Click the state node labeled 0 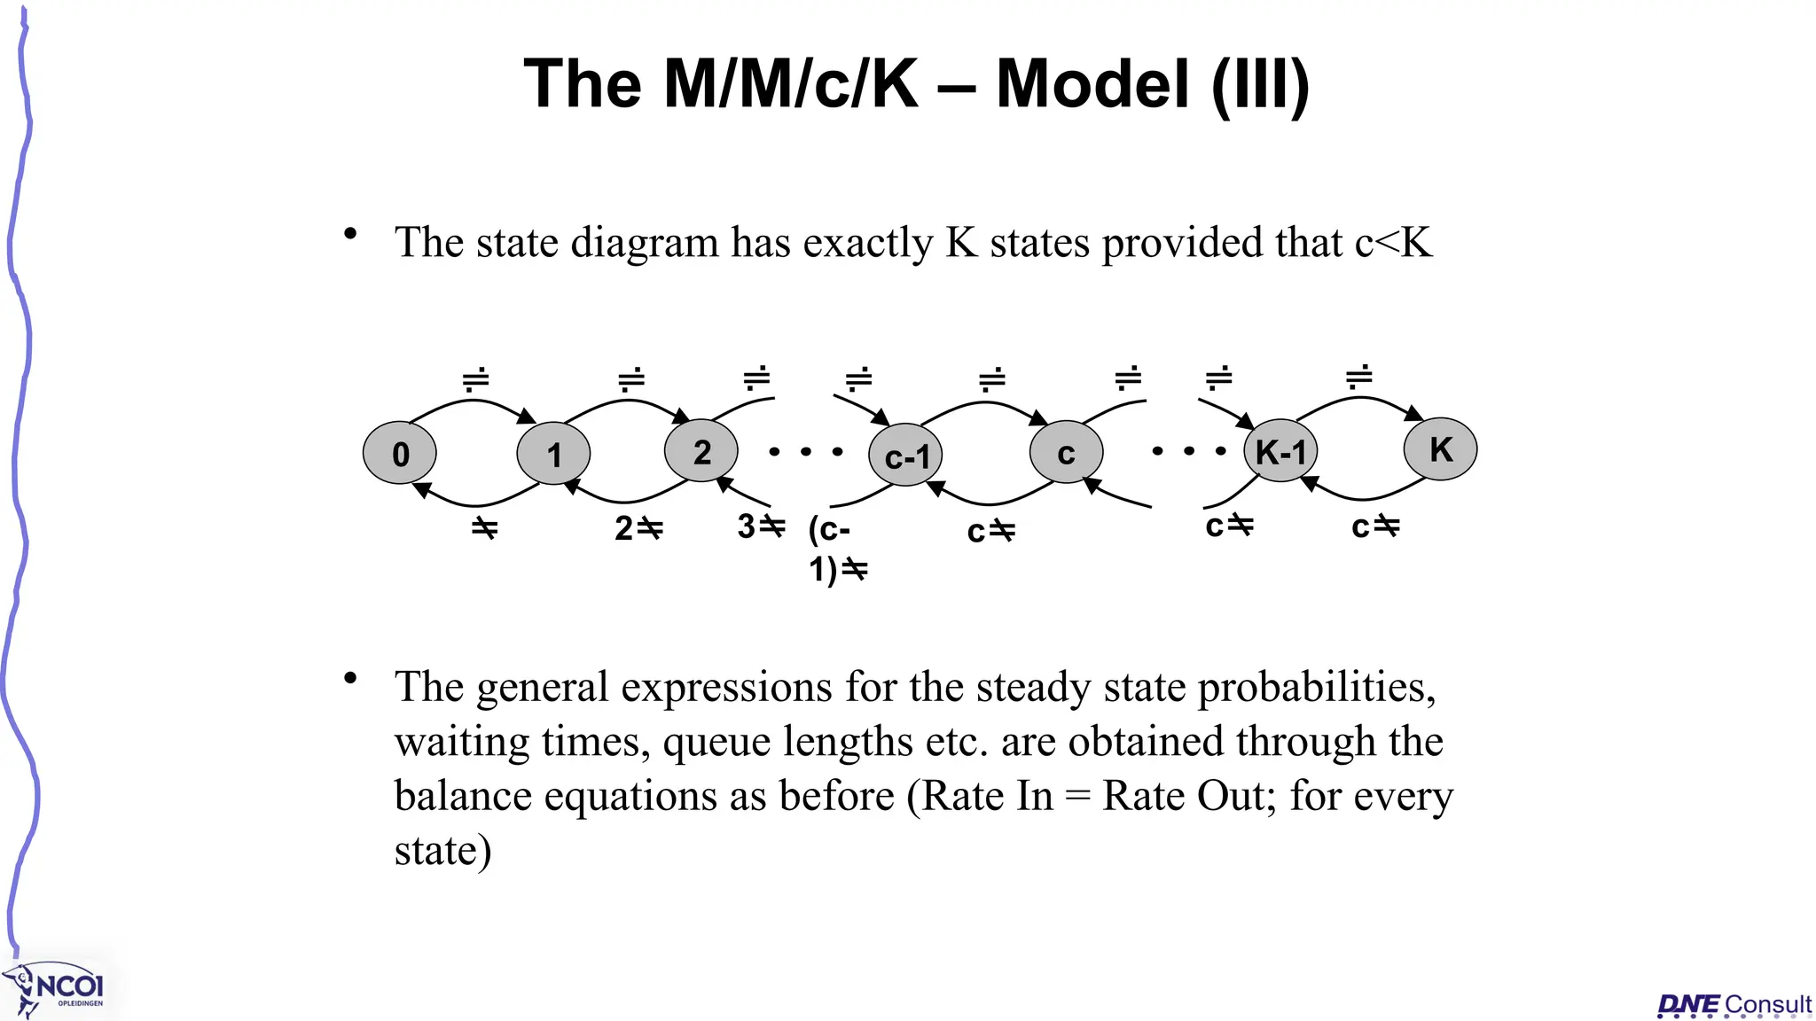point(400,453)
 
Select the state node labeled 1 point(553,454)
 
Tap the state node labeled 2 point(701,451)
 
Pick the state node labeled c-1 point(905,456)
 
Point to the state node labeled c point(1066,453)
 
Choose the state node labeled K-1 point(1280,451)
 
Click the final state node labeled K point(1440,449)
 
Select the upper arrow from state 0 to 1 point(474,402)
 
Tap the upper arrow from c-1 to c point(985,404)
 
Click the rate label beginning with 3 point(761,526)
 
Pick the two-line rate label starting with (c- point(836,549)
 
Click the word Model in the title point(1092,84)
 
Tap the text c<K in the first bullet point(1393,242)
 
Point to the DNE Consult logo point(1734,1005)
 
